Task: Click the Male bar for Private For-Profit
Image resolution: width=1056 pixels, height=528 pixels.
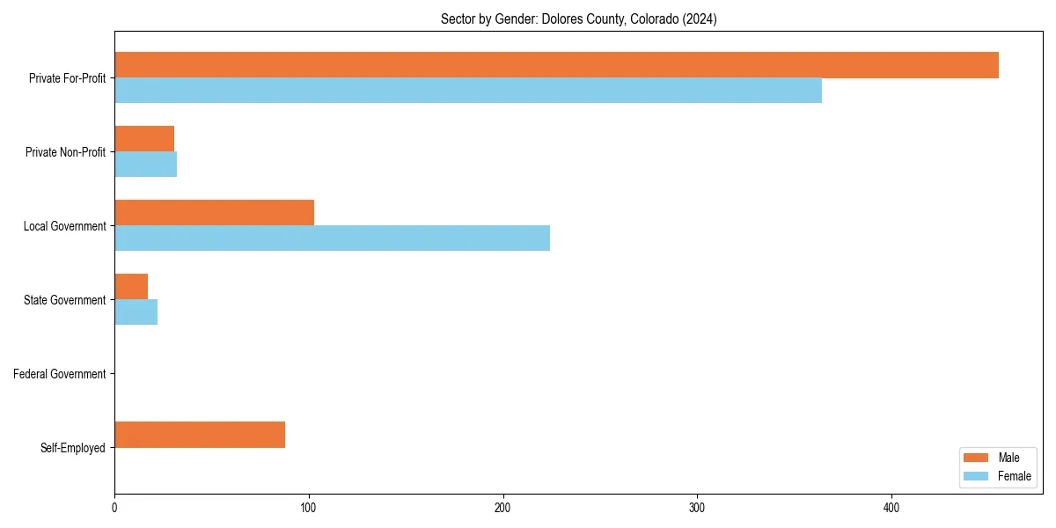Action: (556, 65)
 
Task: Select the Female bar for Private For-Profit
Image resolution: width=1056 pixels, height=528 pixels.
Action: (468, 91)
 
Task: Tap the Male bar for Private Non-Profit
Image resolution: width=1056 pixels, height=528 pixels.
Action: (144, 139)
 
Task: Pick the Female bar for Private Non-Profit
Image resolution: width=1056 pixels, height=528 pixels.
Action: (146, 165)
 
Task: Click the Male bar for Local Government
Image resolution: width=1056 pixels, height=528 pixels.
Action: (214, 213)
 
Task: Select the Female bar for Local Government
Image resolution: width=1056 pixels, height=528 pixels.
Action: (332, 238)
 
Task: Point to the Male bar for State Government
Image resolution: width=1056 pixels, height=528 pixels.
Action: (131, 287)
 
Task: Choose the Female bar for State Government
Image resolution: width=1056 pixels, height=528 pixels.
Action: (136, 312)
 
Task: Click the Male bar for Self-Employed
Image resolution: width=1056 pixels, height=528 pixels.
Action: (200, 435)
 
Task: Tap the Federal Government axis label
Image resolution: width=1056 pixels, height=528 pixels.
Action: (60, 374)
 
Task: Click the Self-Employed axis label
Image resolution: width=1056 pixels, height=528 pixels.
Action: (73, 448)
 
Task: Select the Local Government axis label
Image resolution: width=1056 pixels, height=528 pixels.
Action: (65, 226)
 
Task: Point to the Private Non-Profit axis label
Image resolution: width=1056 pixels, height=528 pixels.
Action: (66, 152)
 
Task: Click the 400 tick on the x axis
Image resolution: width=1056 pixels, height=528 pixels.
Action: (891, 508)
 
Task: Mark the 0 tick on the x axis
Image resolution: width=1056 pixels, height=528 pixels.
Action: (114, 508)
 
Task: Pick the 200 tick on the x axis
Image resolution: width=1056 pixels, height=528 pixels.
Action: (503, 508)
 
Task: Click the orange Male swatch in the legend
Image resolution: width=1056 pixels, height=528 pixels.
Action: (977, 458)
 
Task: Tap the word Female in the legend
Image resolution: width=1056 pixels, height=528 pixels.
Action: (1015, 476)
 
